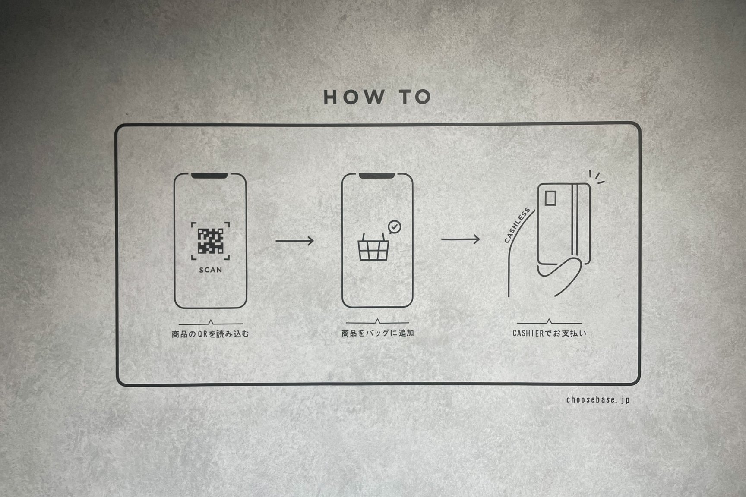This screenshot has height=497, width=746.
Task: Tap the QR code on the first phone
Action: tap(211, 241)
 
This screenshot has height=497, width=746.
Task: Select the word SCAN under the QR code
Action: tap(211, 270)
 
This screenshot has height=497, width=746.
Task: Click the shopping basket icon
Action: tap(373, 247)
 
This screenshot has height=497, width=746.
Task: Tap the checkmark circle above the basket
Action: tap(395, 226)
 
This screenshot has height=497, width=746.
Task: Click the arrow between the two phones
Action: tap(295, 241)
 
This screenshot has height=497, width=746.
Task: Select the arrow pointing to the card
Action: tap(460, 239)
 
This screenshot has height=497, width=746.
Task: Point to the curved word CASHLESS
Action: tap(517, 225)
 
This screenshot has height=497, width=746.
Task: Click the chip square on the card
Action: tap(550, 198)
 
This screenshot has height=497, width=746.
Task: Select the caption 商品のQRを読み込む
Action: tap(210, 334)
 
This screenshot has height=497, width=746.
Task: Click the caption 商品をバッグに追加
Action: tap(378, 333)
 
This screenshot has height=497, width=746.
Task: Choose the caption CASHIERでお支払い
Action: tap(549, 333)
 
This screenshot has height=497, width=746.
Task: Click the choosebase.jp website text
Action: tap(598, 400)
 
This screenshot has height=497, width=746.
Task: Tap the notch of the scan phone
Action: tap(209, 176)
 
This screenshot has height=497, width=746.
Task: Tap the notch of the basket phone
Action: tap(376, 176)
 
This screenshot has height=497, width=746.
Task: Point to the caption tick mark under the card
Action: tap(549, 321)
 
